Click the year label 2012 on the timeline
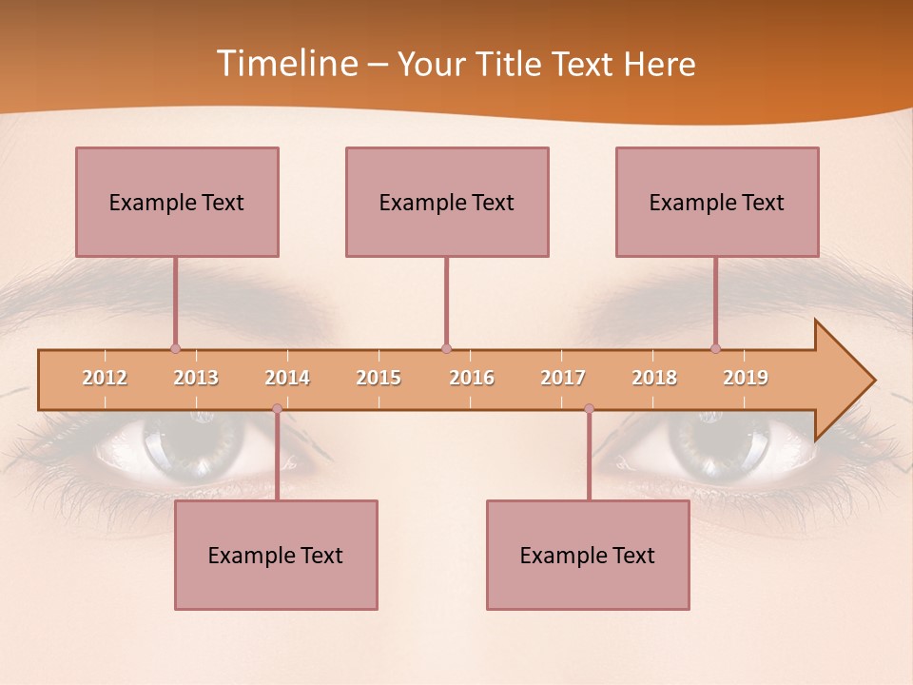105,378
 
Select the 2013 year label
196,378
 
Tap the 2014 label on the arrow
287,378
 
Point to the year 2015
379,378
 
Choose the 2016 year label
472,378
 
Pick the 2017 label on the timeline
563,378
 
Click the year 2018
654,378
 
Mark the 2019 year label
746,378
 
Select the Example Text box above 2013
177,202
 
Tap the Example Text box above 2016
447,202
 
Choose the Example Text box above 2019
717,202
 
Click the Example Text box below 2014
276,555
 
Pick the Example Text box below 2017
588,555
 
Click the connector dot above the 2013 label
175,348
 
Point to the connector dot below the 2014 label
277,408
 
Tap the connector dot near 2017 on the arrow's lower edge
589,408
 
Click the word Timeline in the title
286,63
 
